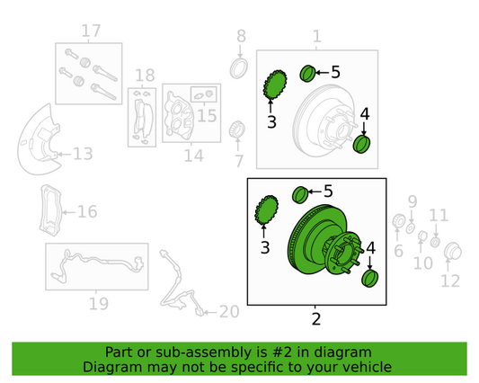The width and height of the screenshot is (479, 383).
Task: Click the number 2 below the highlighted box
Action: point(316,319)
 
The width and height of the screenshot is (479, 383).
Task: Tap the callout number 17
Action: point(91,31)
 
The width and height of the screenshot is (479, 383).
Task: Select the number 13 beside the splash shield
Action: point(83,154)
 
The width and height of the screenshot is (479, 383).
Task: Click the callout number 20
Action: point(229,312)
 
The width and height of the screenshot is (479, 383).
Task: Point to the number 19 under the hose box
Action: point(99,304)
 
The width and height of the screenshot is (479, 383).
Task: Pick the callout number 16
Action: point(87,211)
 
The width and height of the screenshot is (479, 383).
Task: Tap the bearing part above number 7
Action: point(236,129)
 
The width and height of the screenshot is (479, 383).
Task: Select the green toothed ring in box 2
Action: point(266,209)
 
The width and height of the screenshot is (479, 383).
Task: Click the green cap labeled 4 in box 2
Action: point(369,279)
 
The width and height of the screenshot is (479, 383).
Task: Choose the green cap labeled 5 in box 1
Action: point(307,74)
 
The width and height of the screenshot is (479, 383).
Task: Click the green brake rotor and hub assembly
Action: point(325,240)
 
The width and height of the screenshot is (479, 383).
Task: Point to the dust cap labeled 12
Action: point(453,252)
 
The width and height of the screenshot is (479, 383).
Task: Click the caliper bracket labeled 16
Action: point(50,209)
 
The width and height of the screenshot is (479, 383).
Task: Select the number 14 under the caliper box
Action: point(194,156)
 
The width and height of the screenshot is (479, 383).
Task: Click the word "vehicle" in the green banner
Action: point(369,367)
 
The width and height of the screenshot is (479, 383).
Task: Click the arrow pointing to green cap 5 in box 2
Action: point(315,191)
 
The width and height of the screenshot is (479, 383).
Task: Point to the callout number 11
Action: point(439,216)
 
